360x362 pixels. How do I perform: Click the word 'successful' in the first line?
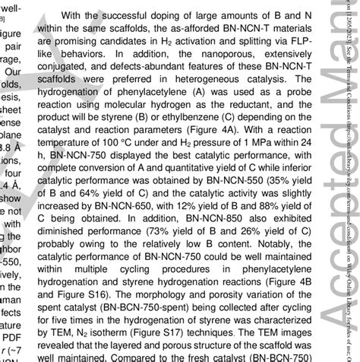coord(149,14)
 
